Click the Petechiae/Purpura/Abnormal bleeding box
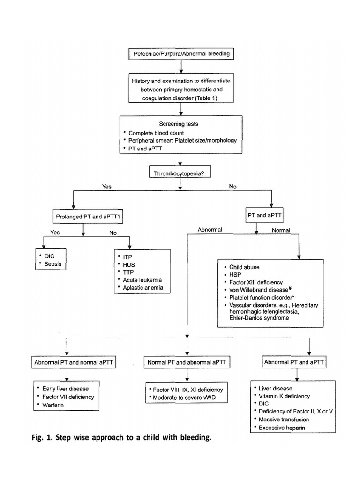point(180,53)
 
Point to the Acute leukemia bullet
point(141,280)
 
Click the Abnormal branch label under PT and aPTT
point(210,230)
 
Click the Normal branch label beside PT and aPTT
point(282,230)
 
